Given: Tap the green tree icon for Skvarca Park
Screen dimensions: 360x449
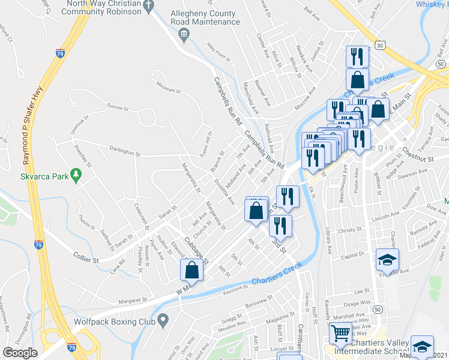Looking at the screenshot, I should click(76, 175).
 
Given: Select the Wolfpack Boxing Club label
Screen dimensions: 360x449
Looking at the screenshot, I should click(110, 322).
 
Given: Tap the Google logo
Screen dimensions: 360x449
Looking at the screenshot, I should click(20, 353).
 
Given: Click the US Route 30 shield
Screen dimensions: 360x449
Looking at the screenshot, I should click(380, 45).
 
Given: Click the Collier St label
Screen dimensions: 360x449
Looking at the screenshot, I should click(88, 260).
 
